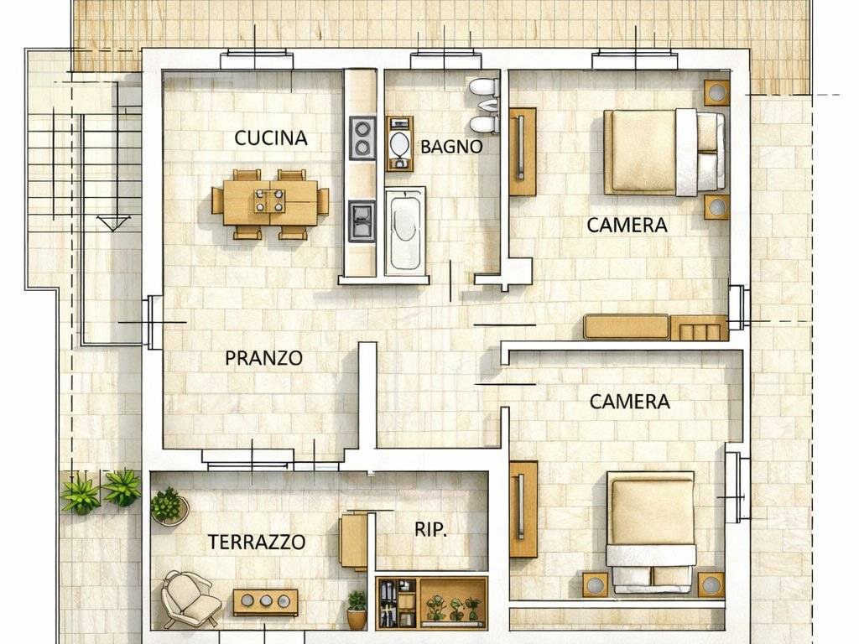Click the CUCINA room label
pos(271,138)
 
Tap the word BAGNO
pos(451,147)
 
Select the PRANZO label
pos(263,358)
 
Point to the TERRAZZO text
pos(256,543)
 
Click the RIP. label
pos(430,530)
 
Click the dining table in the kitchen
pos(270,203)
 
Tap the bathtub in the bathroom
pos(404,230)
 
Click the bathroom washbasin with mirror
pos(399,144)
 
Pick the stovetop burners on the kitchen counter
pos(362,138)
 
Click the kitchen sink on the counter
pos(362,221)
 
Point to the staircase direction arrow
pos(113,222)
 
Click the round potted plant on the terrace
pos(168,506)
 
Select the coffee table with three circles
pos(265,600)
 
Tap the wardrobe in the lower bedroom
pos(523,509)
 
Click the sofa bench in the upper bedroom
pos(626,327)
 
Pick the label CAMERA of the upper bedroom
pos(627,226)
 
